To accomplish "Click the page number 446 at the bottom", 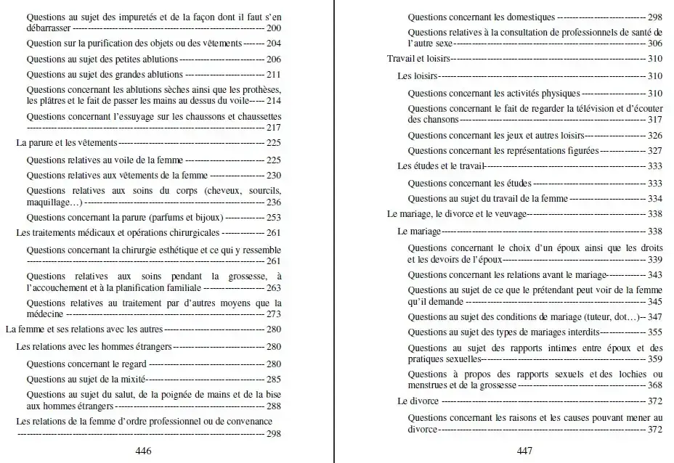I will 143,451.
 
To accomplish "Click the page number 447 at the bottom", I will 525,451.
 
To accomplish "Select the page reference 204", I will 274,44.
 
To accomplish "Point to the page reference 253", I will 274,217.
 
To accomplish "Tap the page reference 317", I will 654,119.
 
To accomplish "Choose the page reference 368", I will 654,385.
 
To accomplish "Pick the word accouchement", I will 61,287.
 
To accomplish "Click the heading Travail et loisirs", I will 419,58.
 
